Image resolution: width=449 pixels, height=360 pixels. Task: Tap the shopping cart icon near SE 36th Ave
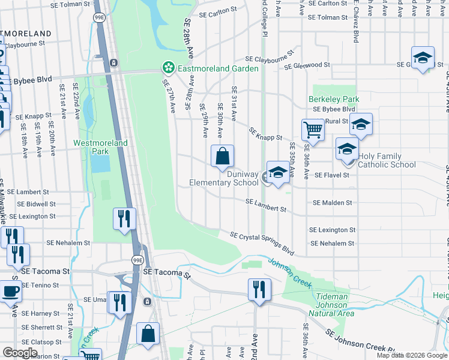[x=313, y=128]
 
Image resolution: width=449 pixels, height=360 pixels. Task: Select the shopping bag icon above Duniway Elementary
[x=222, y=156]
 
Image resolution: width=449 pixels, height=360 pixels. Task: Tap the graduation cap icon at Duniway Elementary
[x=277, y=173]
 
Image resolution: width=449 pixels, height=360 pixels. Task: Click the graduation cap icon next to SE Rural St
[x=361, y=124]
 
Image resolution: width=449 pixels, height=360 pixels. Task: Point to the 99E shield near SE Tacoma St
[x=137, y=260]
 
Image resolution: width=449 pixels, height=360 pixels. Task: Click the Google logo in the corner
[x=20, y=353]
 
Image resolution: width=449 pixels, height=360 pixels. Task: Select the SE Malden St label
[x=333, y=203]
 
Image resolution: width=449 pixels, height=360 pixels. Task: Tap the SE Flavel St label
[x=331, y=175]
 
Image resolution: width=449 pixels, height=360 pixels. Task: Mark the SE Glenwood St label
[x=307, y=65]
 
